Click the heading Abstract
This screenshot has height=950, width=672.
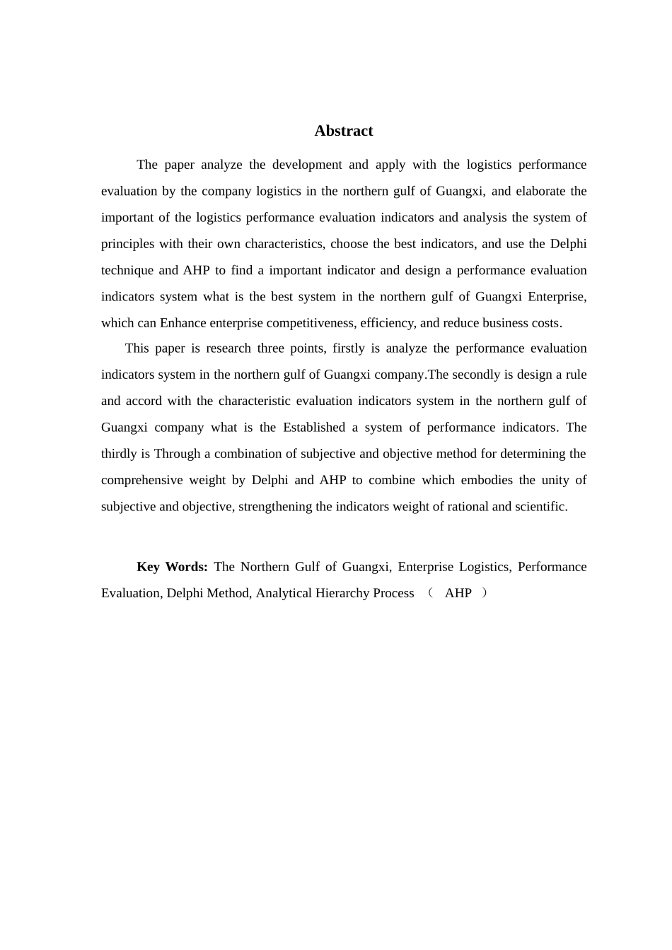pos(344,131)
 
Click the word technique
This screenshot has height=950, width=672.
pos(127,270)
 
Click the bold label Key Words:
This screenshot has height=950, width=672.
pos(172,567)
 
